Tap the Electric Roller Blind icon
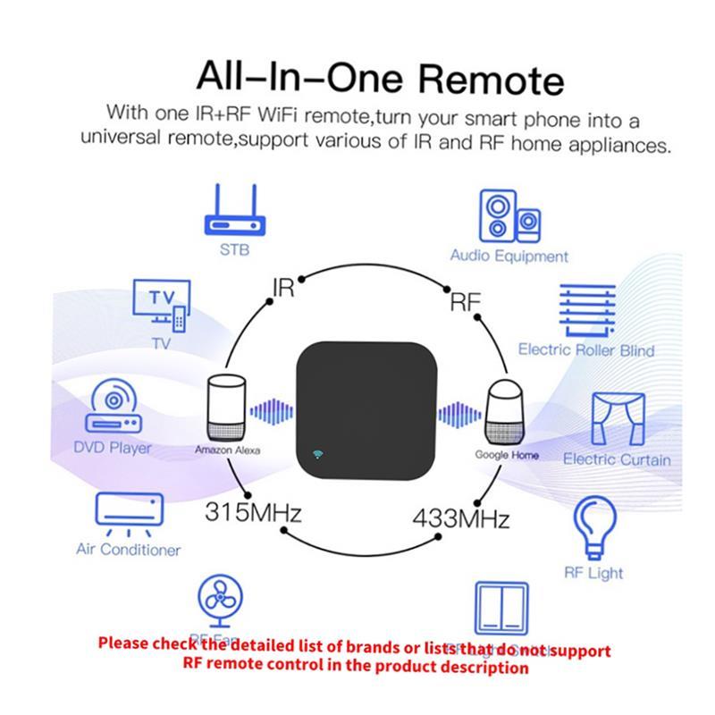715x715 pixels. (586, 309)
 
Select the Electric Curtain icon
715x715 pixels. (616, 416)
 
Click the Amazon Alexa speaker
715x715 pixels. (226, 407)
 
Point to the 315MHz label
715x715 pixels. (253, 514)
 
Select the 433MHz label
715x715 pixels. (460, 517)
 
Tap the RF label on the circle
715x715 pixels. (464, 302)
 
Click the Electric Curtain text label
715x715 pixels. (617, 459)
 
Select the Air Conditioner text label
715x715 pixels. (129, 550)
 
